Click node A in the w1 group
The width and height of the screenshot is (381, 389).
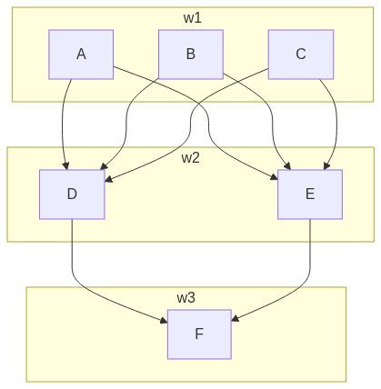(81, 54)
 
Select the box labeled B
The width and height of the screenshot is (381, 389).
(190, 54)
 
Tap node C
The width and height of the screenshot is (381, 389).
(300, 54)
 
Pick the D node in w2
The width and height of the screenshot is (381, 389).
(72, 194)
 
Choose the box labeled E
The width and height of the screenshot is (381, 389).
(310, 194)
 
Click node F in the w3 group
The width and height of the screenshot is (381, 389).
(199, 334)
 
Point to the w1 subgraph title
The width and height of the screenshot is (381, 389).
(190, 17)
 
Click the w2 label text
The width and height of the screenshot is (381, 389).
(190, 157)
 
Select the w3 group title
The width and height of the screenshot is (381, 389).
(185, 297)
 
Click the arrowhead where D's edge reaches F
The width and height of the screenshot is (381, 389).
(164, 320)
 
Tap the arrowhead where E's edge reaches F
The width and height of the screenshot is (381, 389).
(235, 320)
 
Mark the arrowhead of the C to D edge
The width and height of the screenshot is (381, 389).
(107, 180)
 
